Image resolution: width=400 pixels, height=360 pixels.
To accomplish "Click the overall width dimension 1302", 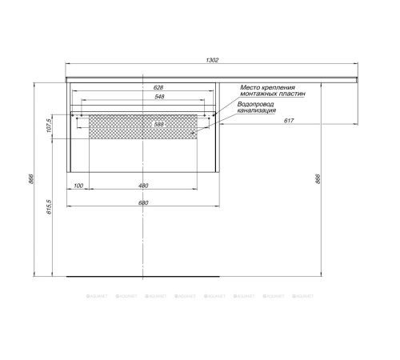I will coord(212,61).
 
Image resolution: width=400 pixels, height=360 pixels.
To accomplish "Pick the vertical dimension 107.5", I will coord(50,126).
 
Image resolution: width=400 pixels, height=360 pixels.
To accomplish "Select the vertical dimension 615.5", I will coord(50,208).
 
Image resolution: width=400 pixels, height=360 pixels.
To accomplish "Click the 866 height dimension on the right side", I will coord(318,179).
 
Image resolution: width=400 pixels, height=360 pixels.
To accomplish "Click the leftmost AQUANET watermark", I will coord(97,296).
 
